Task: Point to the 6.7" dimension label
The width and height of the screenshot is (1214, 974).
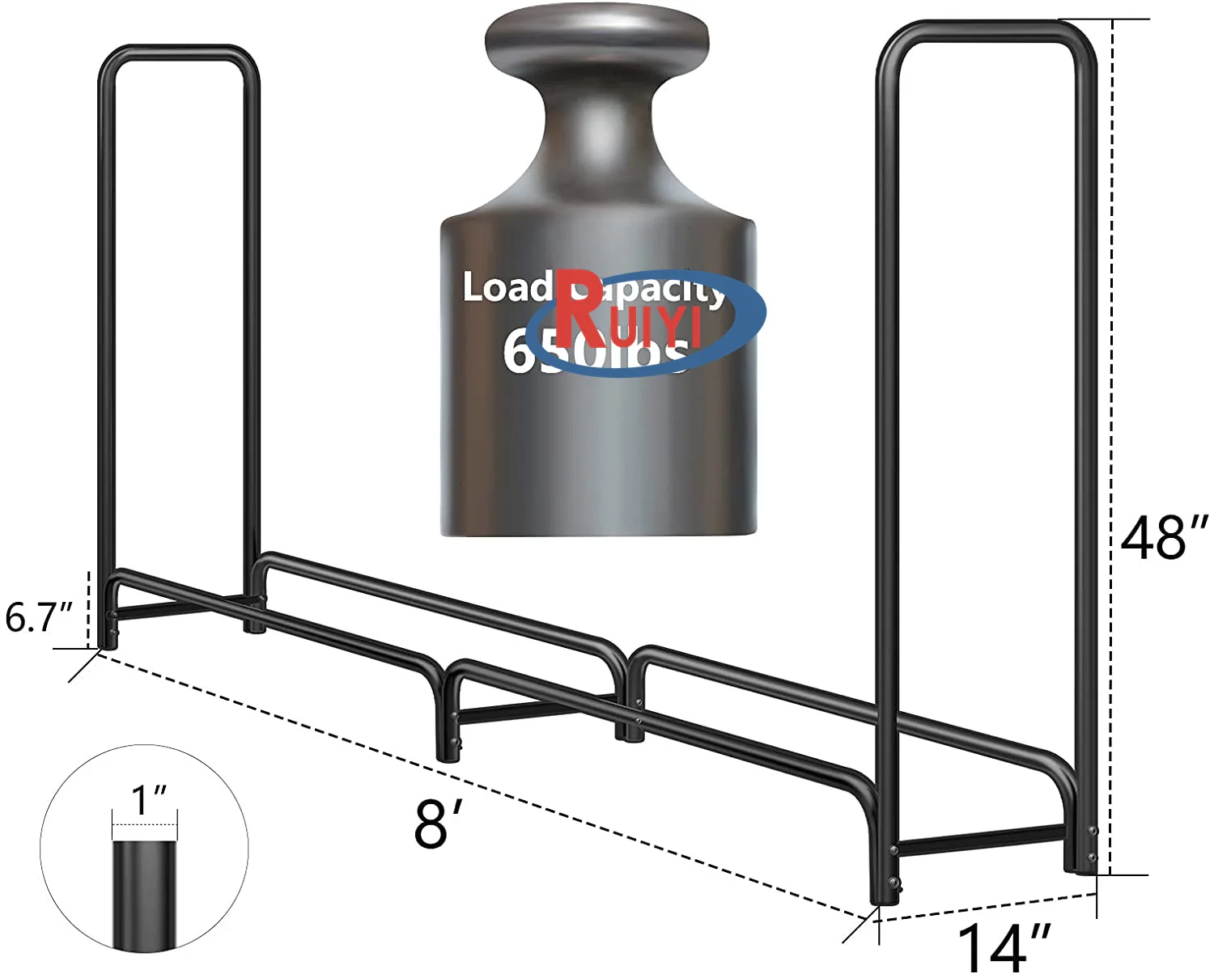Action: pos(39,617)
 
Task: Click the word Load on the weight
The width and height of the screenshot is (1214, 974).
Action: pos(506,288)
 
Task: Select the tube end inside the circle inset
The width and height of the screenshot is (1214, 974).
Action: pos(144,890)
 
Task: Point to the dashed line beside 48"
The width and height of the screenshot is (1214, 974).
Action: pos(1112,324)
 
